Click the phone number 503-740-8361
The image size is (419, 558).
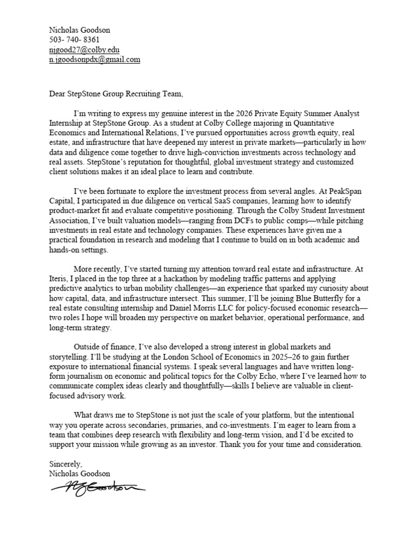(x=74, y=40)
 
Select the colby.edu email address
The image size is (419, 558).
(x=84, y=50)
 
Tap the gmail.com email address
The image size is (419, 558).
(x=94, y=59)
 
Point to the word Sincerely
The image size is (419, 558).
(x=65, y=464)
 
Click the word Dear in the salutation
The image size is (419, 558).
(x=58, y=93)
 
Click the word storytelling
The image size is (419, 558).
(x=71, y=356)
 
